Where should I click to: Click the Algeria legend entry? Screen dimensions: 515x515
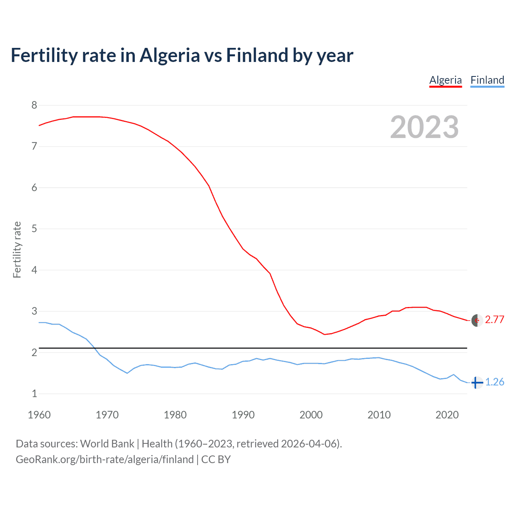click(x=445, y=80)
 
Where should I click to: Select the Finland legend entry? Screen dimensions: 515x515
click(x=487, y=80)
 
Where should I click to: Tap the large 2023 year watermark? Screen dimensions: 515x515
click(x=424, y=127)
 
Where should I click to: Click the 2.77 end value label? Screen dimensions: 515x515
click(x=494, y=319)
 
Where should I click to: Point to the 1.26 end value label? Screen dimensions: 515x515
click(x=494, y=382)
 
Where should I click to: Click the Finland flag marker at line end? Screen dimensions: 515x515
click(x=477, y=382)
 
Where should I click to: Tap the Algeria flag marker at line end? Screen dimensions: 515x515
click(x=477, y=320)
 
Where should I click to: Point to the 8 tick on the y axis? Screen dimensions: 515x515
click(x=34, y=105)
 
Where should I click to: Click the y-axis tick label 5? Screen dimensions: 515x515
click(x=34, y=229)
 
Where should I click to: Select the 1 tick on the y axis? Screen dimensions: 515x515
click(x=34, y=393)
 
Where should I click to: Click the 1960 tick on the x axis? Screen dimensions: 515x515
click(x=39, y=415)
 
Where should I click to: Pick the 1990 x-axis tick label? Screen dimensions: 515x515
click(x=243, y=415)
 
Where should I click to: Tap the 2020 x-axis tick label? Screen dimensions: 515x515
click(x=447, y=415)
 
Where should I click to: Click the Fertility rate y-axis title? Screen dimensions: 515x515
click(x=17, y=249)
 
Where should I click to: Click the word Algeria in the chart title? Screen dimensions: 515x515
click(x=169, y=56)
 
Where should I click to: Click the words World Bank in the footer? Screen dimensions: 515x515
click(x=107, y=444)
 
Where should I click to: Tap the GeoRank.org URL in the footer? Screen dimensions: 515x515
click(x=105, y=459)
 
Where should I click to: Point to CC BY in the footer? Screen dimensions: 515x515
click(x=216, y=459)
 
